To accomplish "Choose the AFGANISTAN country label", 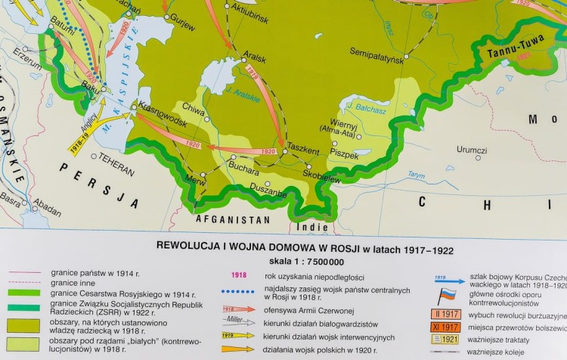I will pos(233,219).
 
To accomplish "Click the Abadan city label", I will pos(48,203).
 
